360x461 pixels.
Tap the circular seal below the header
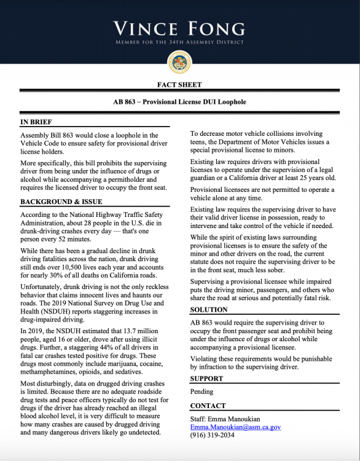pos(179,62)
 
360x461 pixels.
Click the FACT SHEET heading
pos(179,85)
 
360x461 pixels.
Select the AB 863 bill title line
pos(179,101)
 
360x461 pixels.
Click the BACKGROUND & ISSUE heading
pos(61,202)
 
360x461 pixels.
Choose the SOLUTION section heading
pos(208,310)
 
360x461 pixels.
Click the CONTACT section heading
pos(208,406)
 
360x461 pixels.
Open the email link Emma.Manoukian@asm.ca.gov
pos(235,427)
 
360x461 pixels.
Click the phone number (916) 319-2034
pos(212,435)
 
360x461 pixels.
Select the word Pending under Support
pos(202,392)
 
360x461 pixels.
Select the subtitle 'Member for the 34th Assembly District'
pos(179,42)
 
